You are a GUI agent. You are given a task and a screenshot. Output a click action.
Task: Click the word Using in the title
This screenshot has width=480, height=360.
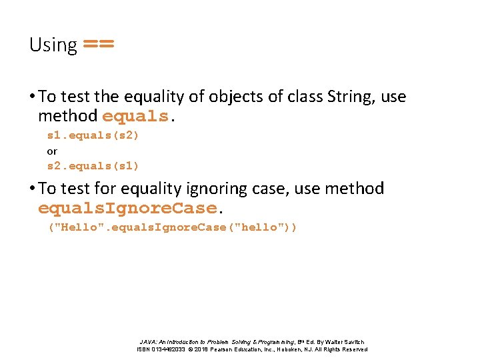coord(53,45)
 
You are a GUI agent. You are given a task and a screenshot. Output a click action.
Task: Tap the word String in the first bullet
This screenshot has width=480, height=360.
coord(351,97)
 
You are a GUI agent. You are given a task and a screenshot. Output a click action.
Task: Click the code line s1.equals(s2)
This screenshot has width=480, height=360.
coord(93,135)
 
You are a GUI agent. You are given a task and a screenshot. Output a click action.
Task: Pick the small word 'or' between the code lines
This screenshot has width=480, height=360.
coord(52,151)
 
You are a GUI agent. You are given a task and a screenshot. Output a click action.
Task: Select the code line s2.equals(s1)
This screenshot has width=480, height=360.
coord(93,166)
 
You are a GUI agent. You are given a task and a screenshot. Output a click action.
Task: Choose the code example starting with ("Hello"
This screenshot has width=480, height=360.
coord(173,227)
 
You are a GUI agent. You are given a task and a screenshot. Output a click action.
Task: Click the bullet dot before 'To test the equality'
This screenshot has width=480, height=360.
coord(33,97)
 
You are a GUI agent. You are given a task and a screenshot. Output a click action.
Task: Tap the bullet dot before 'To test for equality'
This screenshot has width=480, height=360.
coord(33,189)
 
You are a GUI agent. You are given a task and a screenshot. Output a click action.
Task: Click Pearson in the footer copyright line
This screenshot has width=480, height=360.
coord(231,349)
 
